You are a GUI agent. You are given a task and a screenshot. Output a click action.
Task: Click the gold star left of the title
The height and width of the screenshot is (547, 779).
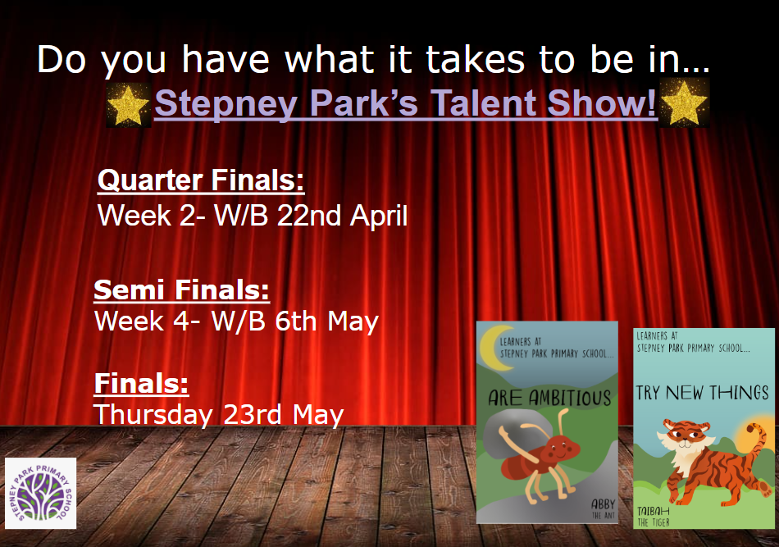[128, 104]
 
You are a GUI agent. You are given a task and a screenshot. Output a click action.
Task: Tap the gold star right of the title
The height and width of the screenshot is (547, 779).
[684, 103]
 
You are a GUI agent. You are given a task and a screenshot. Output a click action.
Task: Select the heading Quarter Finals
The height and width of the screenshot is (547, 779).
[201, 180]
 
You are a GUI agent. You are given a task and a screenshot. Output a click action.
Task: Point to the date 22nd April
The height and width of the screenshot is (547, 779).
[342, 216]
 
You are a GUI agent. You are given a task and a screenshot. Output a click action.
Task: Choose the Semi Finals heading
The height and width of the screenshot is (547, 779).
[182, 289]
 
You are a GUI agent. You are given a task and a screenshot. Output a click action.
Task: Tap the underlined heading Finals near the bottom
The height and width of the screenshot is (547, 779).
[142, 383]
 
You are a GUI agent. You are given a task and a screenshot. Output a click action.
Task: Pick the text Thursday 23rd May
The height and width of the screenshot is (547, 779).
[219, 414]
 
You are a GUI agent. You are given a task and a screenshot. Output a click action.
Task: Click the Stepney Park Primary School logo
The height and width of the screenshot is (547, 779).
[41, 494]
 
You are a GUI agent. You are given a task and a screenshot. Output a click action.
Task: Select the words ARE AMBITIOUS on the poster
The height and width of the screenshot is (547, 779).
[549, 398]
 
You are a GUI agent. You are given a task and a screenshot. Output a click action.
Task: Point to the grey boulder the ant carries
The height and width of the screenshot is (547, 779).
[512, 433]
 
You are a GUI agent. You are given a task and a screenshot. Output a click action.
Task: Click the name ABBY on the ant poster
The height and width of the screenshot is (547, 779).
[603, 504]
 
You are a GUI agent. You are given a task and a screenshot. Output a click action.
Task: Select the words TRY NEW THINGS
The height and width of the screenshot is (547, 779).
[702, 393]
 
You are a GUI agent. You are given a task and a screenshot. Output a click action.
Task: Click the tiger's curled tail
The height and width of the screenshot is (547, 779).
[757, 447]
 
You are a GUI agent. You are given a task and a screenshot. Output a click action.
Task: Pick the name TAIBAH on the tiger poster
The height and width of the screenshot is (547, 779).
[654, 511]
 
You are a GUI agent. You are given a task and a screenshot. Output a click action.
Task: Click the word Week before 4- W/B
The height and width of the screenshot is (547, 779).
[130, 321]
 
